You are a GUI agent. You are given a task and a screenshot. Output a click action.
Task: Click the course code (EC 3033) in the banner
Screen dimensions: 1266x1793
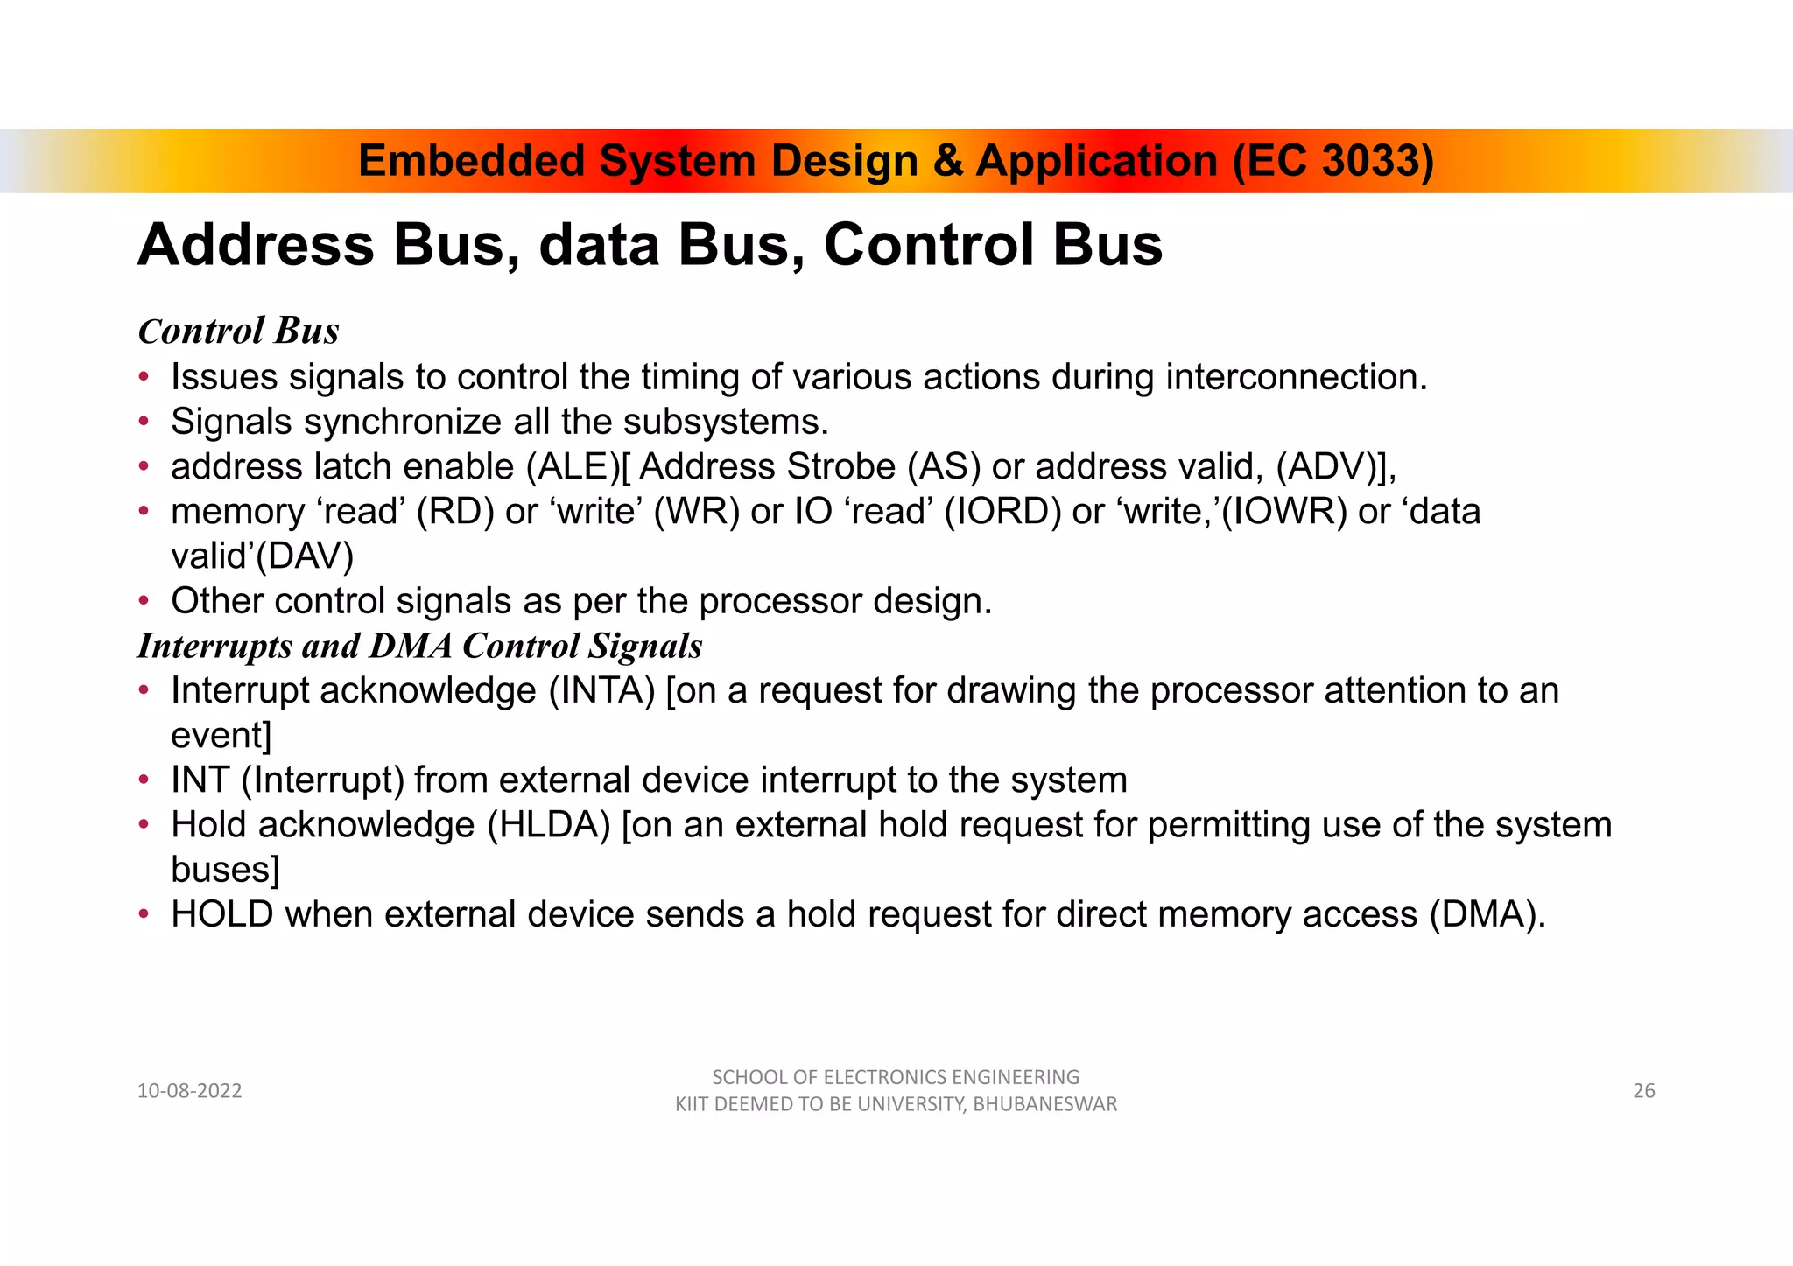(1332, 161)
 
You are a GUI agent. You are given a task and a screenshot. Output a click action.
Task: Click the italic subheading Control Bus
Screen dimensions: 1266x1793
(238, 331)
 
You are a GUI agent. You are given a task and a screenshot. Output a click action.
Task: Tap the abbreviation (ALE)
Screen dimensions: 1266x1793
(573, 466)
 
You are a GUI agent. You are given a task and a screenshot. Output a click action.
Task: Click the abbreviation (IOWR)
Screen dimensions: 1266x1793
(1283, 511)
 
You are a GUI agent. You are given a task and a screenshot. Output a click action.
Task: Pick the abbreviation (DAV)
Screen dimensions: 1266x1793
(304, 556)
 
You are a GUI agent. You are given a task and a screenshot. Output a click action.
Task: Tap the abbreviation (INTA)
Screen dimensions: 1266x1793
(601, 690)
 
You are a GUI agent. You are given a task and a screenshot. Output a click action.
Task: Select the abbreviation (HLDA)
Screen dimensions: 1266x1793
(548, 825)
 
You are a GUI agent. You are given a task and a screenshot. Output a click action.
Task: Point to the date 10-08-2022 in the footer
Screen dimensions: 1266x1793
(189, 1090)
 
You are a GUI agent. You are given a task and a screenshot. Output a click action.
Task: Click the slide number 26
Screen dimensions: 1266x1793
(1643, 1090)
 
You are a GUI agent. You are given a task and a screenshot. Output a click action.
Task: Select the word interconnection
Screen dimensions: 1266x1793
(1295, 377)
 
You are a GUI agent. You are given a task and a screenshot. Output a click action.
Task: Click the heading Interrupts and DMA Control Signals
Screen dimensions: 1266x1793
(419, 646)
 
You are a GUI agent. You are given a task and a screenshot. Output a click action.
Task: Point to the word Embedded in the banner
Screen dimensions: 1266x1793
(471, 161)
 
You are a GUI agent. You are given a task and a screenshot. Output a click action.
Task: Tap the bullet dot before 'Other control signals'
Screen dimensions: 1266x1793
(144, 602)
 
